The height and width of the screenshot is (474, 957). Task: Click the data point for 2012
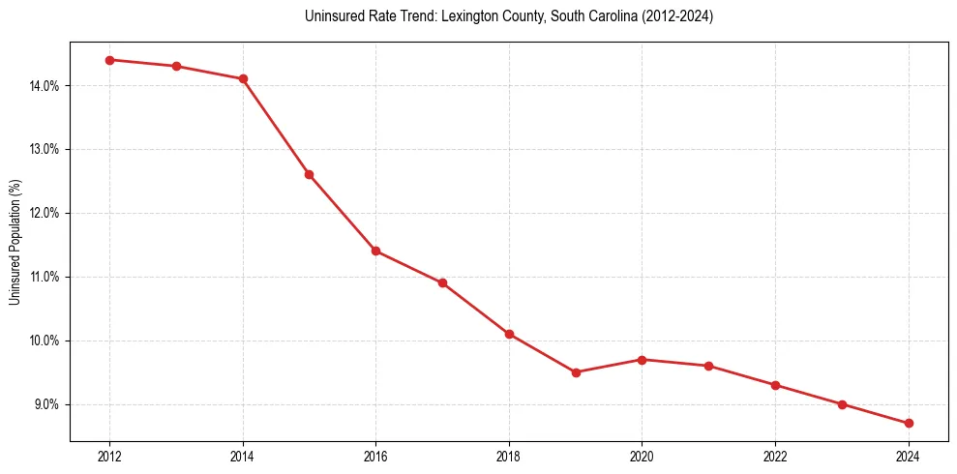pyautogui.click(x=109, y=60)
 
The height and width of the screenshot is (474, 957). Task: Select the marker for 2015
pyautogui.click(x=310, y=174)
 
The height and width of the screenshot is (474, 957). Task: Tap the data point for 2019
pyautogui.click(x=576, y=372)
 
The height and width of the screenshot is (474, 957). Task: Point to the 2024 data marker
pyautogui.click(x=909, y=423)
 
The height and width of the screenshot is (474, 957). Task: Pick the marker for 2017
pyautogui.click(x=442, y=282)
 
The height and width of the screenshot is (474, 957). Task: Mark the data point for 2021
pyautogui.click(x=709, y=366)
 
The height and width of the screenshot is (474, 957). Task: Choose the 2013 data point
pyautogui.click(x=176, y=66)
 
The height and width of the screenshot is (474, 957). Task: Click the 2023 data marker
pyautogui.click(x=842, y=404)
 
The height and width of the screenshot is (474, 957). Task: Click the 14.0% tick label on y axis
pyautogui.click(x=44, y=85)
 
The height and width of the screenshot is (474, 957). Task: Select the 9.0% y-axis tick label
pyautogui.click(x=45, y=404)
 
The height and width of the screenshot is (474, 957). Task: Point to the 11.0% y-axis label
pyautogui.click(x=44, y=277)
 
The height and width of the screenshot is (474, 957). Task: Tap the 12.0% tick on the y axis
pyautogui.click(x=44, y=213)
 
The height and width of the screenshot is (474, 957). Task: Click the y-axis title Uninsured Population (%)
pyautogui.click(x=15, y=242)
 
